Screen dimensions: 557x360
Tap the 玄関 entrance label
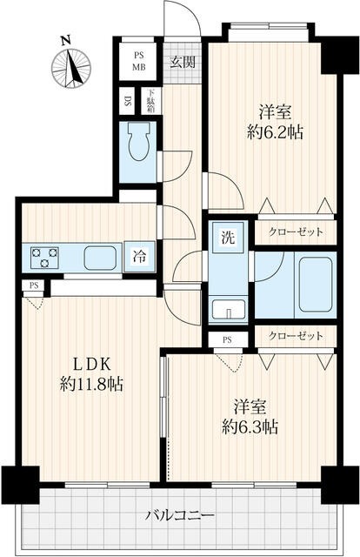(182, 61)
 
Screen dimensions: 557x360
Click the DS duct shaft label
(128, 102)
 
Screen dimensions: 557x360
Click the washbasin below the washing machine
(225, 310)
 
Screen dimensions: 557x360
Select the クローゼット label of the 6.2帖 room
(296, 232)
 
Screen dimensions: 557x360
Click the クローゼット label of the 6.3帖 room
(296, 336)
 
